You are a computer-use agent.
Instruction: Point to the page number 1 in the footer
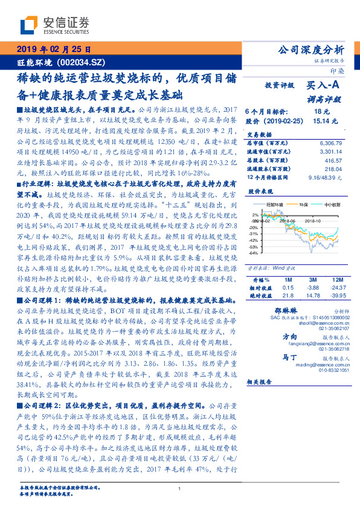180,489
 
